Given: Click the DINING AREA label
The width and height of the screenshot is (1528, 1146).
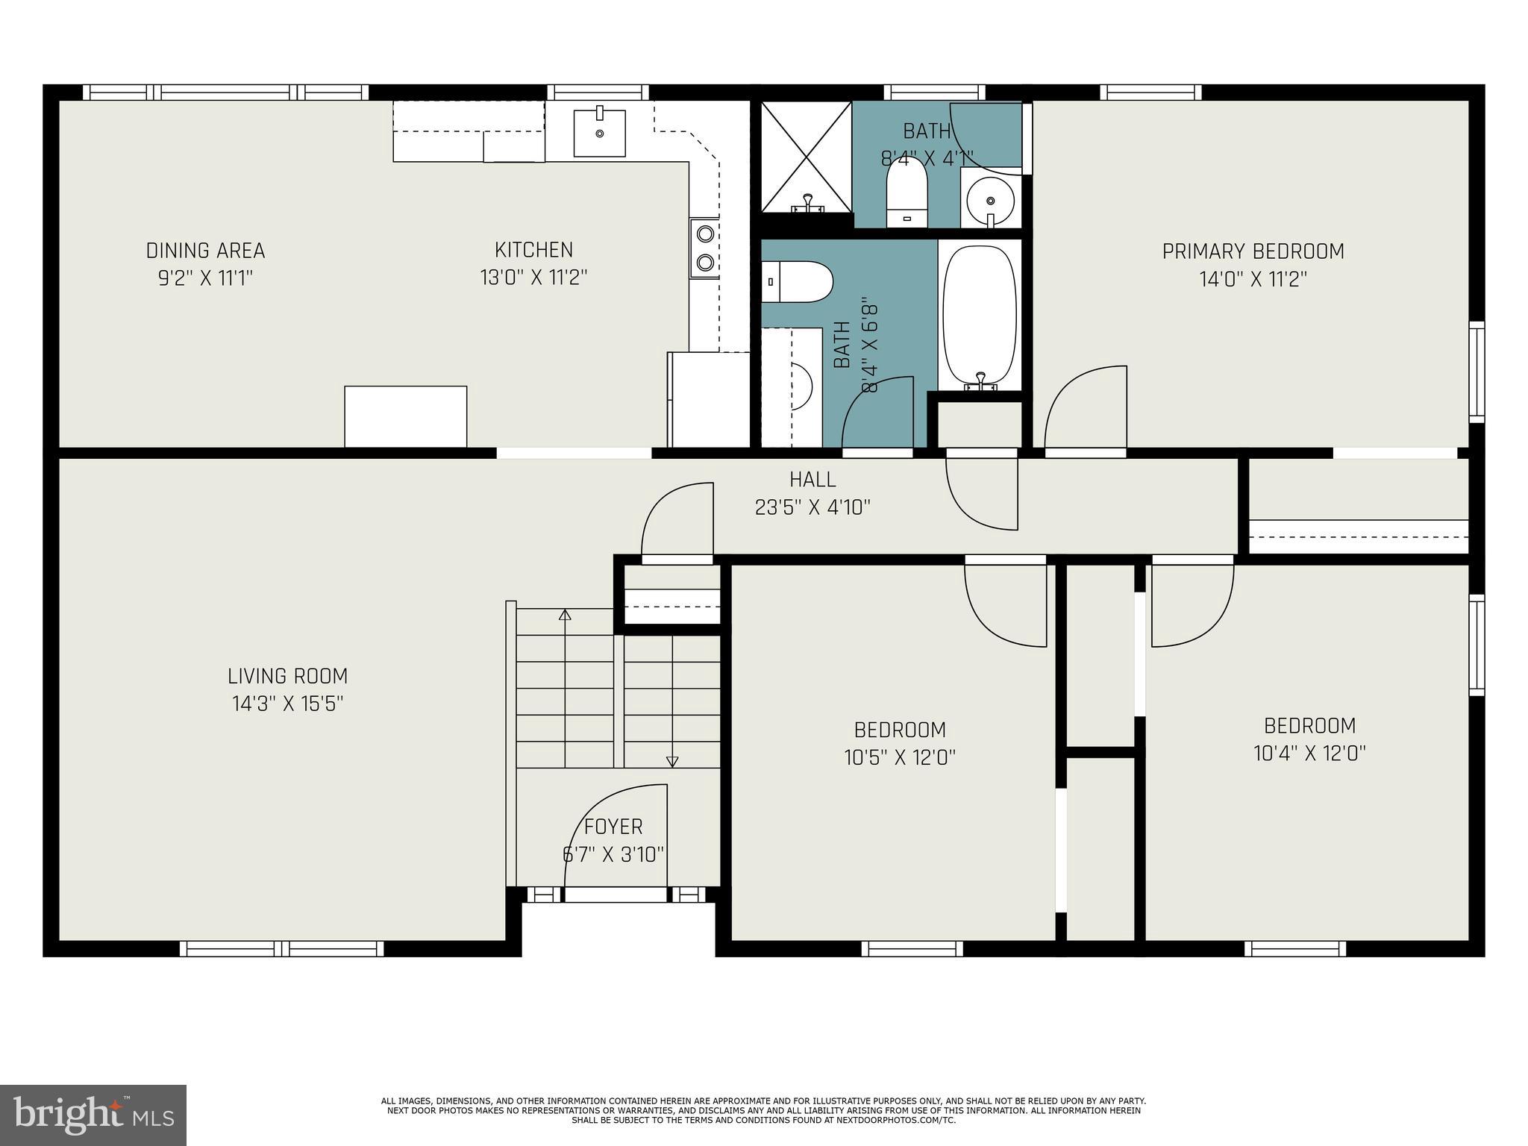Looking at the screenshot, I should point(205,251).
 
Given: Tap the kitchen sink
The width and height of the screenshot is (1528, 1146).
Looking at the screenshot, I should point(599,132).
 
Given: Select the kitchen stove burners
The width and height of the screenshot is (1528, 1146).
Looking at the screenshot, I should point(704,248).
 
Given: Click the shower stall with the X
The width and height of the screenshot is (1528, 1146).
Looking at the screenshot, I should point(806,157).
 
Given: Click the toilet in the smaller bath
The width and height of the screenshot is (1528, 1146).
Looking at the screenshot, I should point(907,190).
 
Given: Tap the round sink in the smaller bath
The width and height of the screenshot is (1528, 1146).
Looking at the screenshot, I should point(990,200).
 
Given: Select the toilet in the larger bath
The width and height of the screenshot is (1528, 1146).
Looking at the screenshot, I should point(797,281).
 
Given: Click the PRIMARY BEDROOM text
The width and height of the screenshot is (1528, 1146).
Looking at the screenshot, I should point(1253,251).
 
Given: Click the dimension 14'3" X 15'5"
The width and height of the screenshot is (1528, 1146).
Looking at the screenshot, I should point(287,704).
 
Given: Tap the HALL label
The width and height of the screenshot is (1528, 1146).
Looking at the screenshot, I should point(812,479).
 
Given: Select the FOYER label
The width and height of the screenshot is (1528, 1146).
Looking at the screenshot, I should point(613,827).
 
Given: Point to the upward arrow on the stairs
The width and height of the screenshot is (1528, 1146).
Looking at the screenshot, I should point(565,616).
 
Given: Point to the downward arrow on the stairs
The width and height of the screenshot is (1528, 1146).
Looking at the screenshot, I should point(672,761).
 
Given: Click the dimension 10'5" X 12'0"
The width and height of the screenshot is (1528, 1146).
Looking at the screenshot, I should point(900,757).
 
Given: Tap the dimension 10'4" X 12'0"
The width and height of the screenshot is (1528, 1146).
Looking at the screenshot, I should point(1309,753).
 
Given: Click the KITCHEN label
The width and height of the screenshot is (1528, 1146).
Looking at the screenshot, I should point(533,249).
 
